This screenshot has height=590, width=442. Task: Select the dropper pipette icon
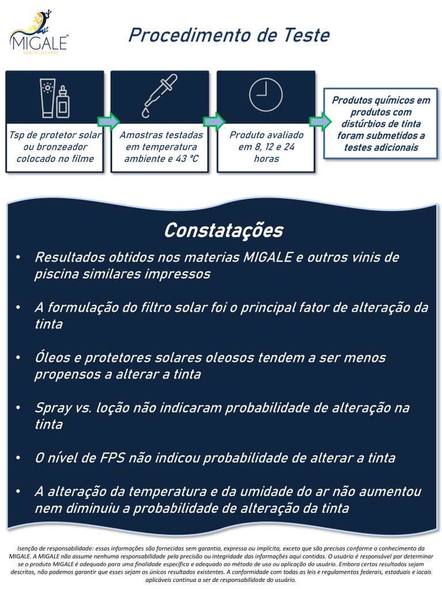coord(161,96)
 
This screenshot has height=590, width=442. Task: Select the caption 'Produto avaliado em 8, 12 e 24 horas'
coord(265,146)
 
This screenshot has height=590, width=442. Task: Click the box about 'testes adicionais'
coord(380,124)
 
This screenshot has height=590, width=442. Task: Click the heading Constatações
coord(223,230)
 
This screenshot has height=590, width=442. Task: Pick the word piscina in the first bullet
coord(55,274)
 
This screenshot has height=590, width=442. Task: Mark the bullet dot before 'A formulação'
coord(20,308)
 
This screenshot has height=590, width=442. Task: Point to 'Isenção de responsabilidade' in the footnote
coord(55,549)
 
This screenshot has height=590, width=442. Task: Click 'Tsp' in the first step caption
coord(16,135)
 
